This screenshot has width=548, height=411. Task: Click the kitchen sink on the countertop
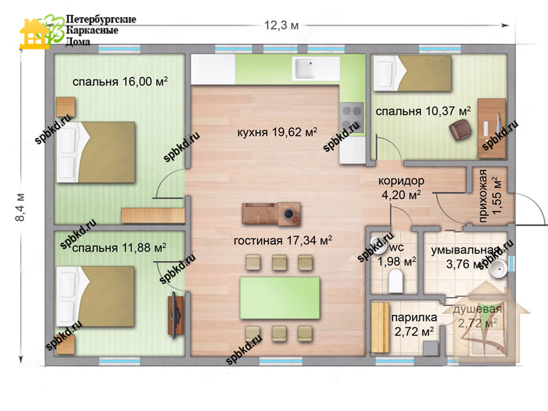point(305,68)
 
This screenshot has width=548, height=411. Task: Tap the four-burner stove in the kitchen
point(352,117)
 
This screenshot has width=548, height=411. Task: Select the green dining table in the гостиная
point(280,298)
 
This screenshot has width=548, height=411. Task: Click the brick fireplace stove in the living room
point(272,213)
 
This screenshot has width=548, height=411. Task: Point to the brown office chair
point(460,130)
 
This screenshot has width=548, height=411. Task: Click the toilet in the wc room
point(396,283)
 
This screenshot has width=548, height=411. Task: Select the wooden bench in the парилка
point(380,327)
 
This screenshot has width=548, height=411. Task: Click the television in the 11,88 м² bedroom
point(175,315)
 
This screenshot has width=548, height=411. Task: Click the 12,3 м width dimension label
point(281,26)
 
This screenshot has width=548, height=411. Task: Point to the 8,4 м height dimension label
point(20,207)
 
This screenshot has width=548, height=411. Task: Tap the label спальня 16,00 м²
point(120,82)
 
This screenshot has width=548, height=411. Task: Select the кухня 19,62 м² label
point(277,132)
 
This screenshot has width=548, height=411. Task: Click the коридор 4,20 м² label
point(401,188)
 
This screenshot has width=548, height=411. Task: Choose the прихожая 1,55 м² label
point(490,196)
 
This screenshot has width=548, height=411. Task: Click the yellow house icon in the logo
point(34,34)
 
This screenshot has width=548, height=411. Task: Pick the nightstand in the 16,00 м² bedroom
point(65,107)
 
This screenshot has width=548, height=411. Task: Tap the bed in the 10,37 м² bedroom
point(412,73)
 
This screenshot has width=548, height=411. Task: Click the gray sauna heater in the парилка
point(431,348)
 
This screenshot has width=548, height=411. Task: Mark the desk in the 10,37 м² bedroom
point(492,128)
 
